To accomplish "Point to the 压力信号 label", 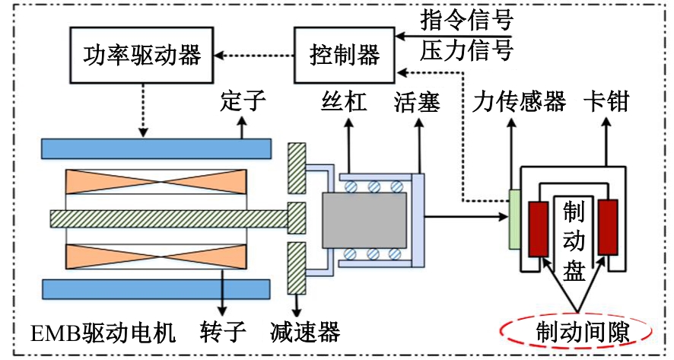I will pyautogui.click(x=466, y=50).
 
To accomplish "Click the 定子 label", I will pyautogui.click(x=243, y=101).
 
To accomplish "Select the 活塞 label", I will pyautogui.click(x=417, y=101).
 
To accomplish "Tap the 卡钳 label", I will pyautogui.click(x=606, y=101).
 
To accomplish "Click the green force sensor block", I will pyautogui.click(x=514, y=218).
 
